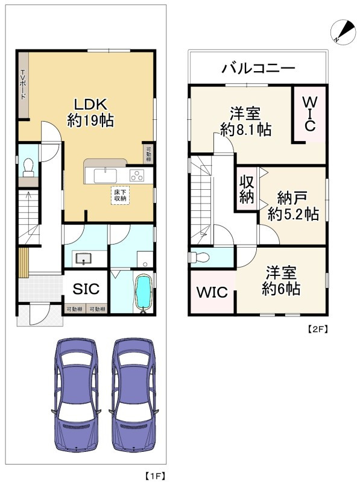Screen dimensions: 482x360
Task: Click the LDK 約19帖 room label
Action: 91,111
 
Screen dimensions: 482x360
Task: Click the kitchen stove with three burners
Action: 137,176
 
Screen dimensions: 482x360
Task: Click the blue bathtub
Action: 142,293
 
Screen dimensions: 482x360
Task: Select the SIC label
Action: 86,289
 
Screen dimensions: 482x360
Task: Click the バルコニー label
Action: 258,68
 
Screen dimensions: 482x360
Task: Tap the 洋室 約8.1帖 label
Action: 245,120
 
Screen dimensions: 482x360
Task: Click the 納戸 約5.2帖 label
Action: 293,205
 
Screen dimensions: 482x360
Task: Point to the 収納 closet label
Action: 247,190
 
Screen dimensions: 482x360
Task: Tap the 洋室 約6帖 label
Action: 281,280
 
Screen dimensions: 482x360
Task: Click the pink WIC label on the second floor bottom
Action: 212,293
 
